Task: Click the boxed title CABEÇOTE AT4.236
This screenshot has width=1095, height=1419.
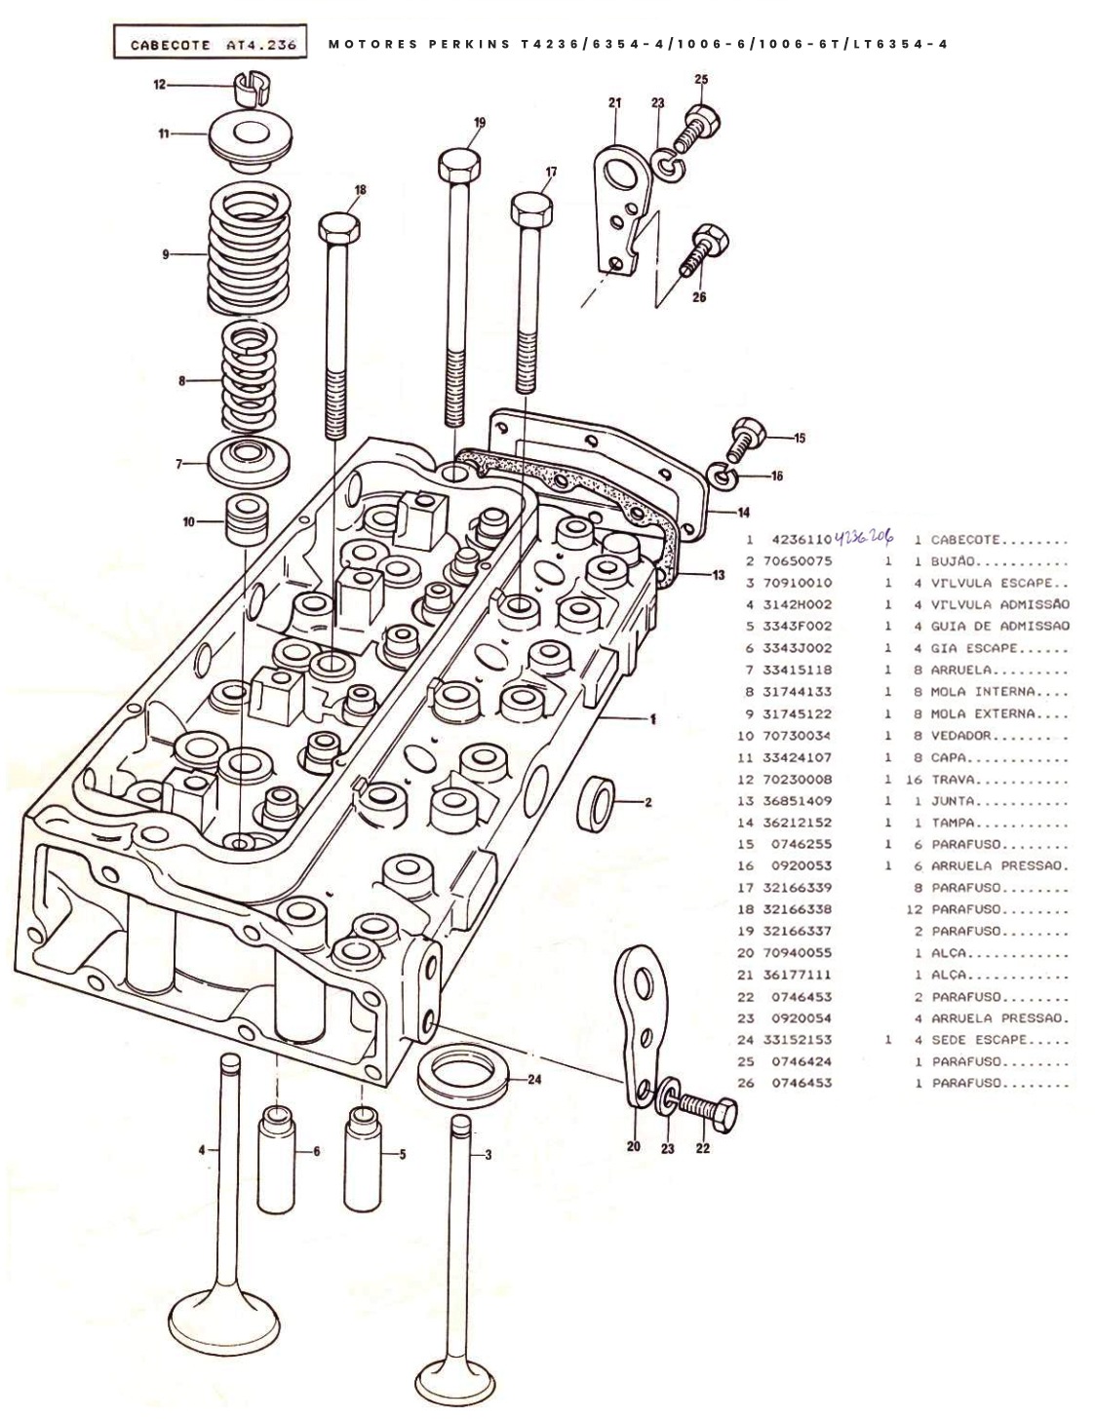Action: pos(211,43)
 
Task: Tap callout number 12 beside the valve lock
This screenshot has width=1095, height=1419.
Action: pos(158,85)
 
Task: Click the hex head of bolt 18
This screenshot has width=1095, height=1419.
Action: pos(339,230)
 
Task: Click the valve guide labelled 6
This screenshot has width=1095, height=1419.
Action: pos(277,1150)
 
